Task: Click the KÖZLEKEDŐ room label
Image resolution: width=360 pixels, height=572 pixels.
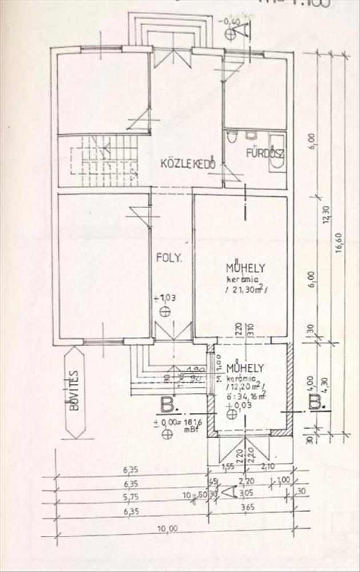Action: point(188,164)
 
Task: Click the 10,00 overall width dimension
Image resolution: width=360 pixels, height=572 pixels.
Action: point(165,529)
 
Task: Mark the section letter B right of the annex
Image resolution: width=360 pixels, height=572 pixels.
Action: point(317,402)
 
